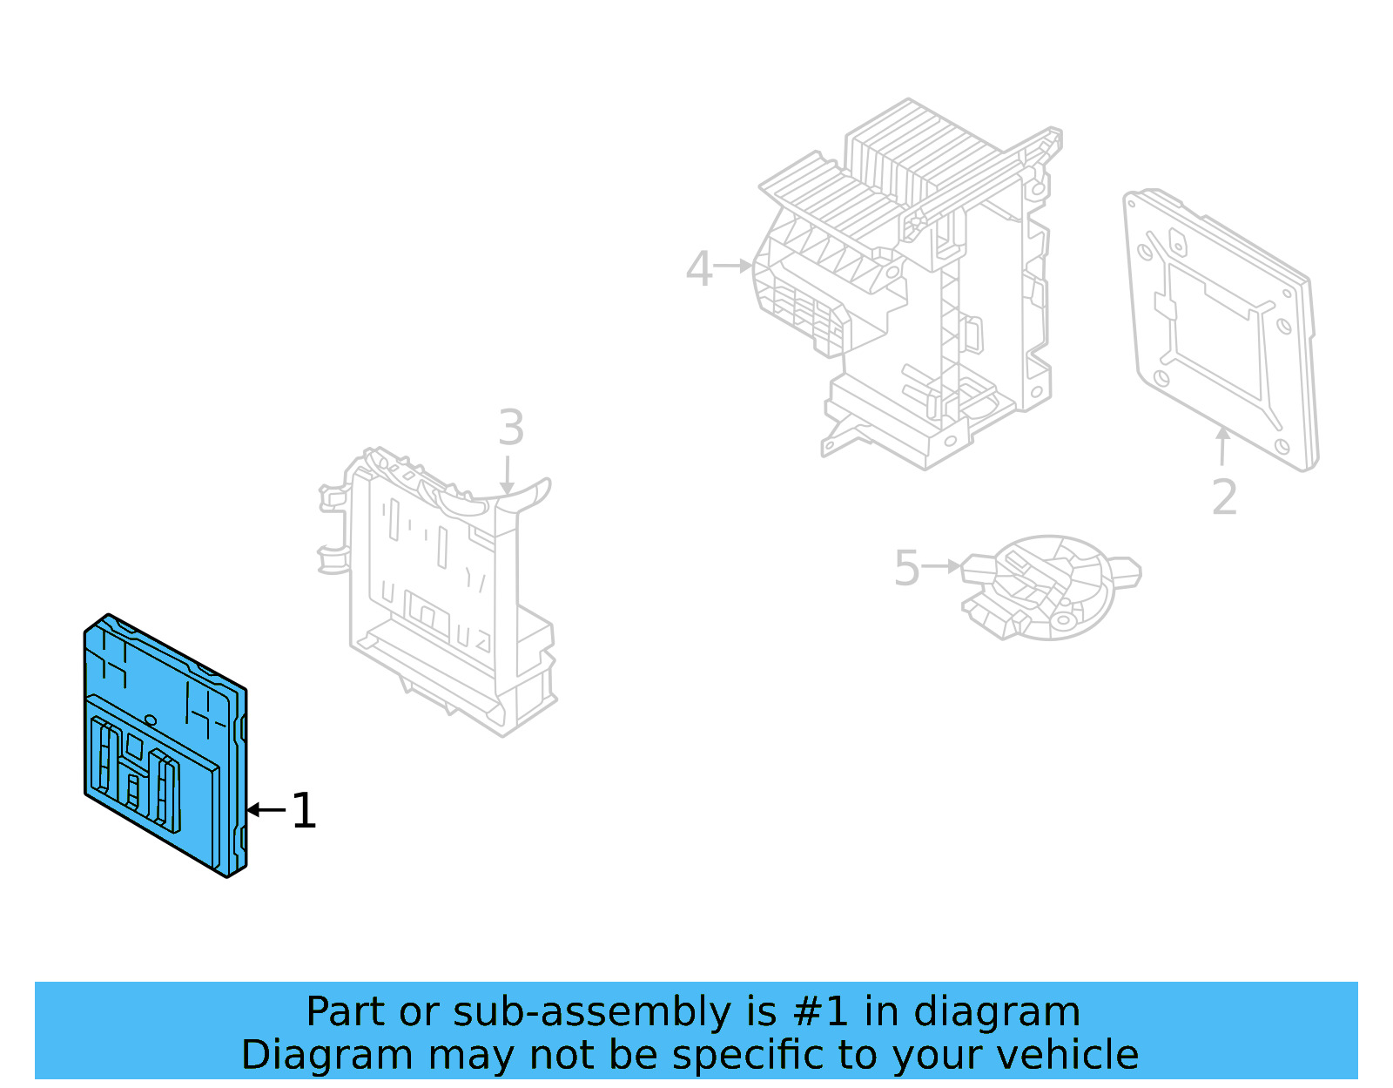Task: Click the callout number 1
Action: point(304,811)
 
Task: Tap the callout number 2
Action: point(1224,497)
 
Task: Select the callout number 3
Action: point(511,428)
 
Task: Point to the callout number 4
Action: point(698,268)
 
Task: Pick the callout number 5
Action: point(906,568)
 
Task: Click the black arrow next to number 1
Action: point(265,810)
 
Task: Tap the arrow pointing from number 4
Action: point(733,265)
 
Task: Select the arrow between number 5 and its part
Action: point(941,566)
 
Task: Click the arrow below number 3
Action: point(508,476)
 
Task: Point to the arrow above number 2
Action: point(1223,445)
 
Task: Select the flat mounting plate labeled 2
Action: point(1219,331)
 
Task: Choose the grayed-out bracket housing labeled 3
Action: point(444,592)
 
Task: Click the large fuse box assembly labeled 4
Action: point(914,287)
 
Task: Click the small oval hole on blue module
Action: point(151,720)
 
